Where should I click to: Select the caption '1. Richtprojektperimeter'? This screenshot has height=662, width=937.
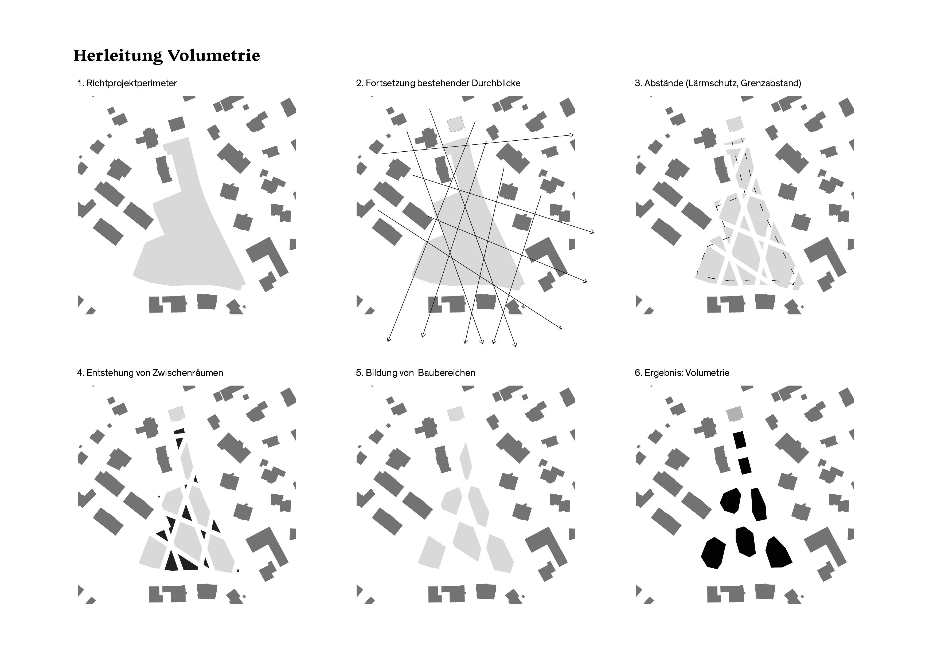(127, 83)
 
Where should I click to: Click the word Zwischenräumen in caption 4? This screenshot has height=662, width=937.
(188, 373)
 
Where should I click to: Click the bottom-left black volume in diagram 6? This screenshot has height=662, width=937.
(713, 553)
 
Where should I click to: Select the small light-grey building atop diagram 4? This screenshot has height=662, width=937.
(177, 413)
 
